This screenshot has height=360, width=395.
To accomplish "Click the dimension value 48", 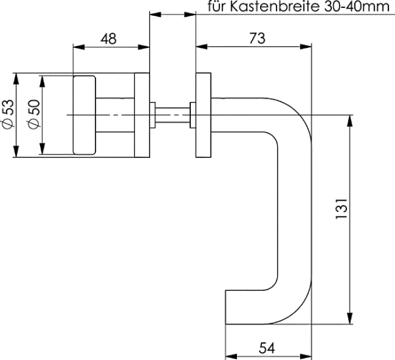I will click(x=109, y=38).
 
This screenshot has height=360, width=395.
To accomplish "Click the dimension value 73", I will click(x=257, y=38).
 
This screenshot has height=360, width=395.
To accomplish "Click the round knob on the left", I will click(x=85, y=115).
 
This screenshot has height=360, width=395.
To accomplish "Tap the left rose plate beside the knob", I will click(x=142, y=115).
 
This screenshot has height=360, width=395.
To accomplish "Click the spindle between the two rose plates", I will click(x=172, y=115).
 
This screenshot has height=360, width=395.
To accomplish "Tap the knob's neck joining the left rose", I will click(x=116, y=115).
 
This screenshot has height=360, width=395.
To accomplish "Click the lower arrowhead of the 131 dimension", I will click(x=348, y=319).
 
